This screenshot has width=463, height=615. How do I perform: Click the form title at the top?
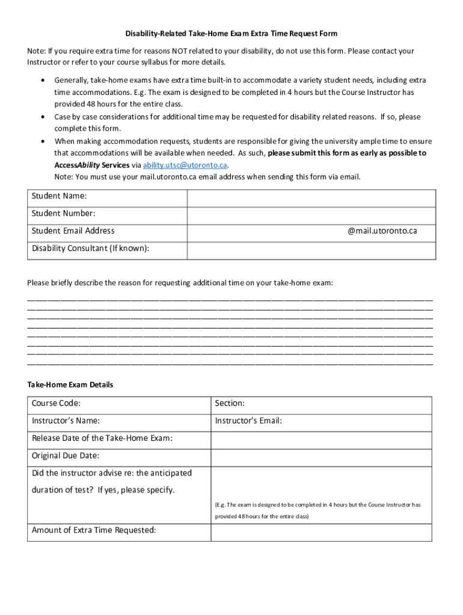(x=231, y=34)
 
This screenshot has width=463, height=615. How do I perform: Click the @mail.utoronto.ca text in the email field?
(x=382, y=231)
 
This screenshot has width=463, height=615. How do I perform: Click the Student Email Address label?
(x=73, y=231)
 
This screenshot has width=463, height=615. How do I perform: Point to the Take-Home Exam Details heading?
(x=70, y=385)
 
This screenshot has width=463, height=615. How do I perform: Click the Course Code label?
(x=57, y=404)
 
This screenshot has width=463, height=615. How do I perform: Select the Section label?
(x=230, y=404)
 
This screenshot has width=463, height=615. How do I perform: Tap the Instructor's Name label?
(x=66, y=421)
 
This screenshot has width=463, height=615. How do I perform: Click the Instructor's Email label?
(x=248, y=421)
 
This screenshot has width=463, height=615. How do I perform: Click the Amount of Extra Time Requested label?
(x=94, y=530)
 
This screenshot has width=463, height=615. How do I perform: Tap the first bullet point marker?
(x=41, y=80)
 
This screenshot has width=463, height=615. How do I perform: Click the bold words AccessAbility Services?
(x=91, y=165)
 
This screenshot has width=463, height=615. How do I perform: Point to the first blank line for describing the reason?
(x=230, y=298)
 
